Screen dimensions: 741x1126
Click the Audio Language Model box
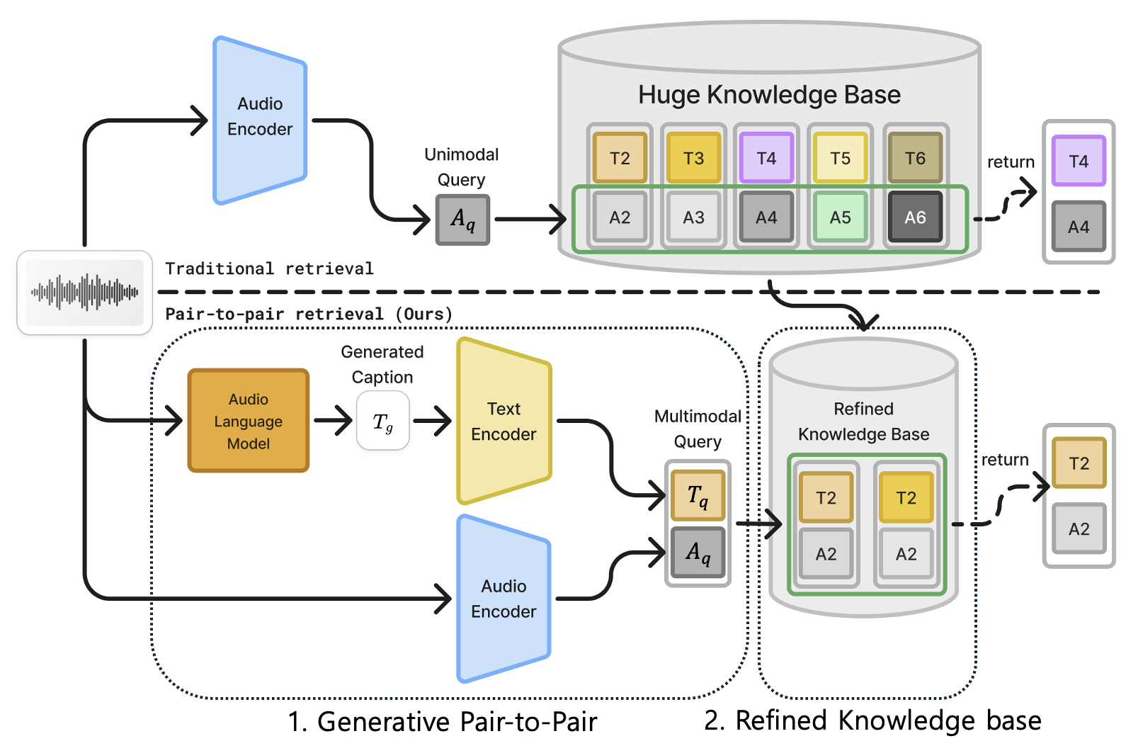tap(248, 421)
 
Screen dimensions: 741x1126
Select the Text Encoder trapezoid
tap(504, 422)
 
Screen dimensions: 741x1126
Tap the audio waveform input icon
tap(84, 292)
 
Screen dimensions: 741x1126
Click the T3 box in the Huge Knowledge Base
tap(693, 158)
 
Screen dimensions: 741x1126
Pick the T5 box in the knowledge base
tap(840, 158)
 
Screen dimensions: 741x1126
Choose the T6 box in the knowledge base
tap(915, 158)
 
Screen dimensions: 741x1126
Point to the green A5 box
tap(840, 217)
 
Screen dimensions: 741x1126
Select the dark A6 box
tap(915, 217)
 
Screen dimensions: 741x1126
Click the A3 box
tap(693, 217)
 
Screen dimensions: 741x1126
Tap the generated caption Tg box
tap(383, 422)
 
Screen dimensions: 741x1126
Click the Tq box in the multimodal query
tap(698, 495)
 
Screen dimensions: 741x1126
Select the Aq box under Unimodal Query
tap(462, 220)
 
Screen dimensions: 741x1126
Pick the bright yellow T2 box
tap(906, 498)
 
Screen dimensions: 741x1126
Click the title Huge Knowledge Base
tap(769, 95)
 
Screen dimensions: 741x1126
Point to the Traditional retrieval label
tap(269, 269)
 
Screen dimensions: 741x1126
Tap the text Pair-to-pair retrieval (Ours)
tap(309, 314)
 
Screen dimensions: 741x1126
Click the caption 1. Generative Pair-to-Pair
tap(442, 722)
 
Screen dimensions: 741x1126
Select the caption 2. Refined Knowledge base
tap(872, 720)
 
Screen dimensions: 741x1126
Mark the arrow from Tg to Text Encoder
tap(432, 422)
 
